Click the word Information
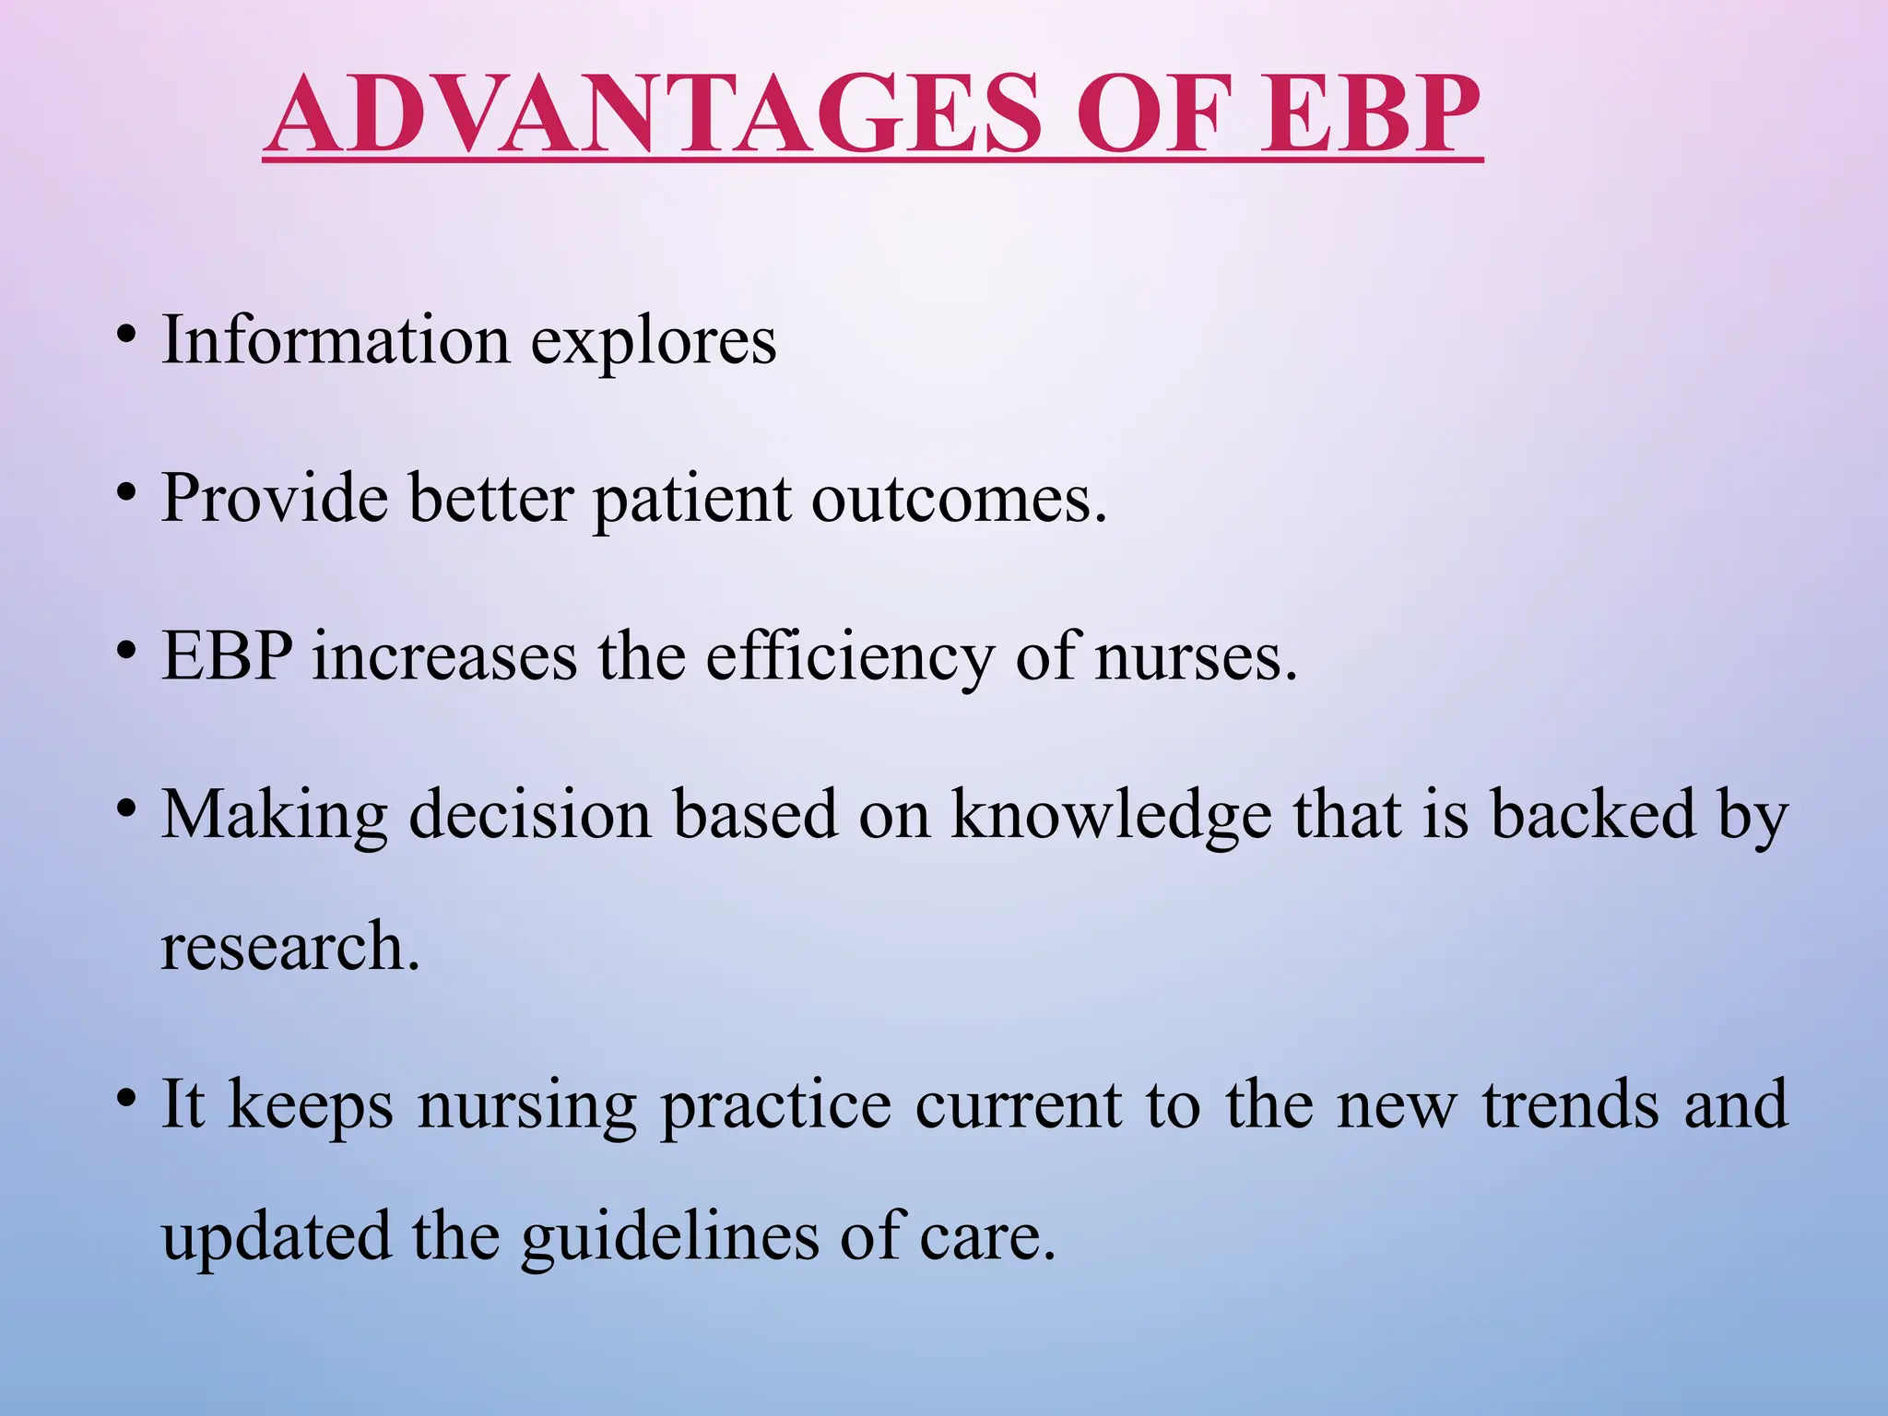(336, 340)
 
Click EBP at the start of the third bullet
(227, 656)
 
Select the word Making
(274, 817)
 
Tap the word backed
(1593, 815)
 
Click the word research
(289, 948)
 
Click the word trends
(1571, 1104)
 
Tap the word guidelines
(670, 1237)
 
